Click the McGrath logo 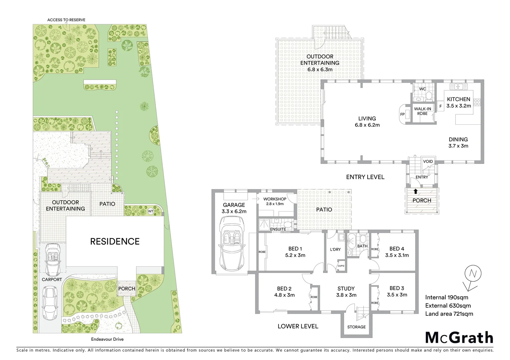459,337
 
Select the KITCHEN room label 459,99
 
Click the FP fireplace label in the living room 402,115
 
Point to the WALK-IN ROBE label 422,111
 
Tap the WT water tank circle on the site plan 150,211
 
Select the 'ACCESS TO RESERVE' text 66,20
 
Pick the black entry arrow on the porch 416,191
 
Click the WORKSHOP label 275,199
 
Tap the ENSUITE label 278,229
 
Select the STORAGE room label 356,327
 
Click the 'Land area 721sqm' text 449,314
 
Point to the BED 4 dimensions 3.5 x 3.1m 397,255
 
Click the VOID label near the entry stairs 428,161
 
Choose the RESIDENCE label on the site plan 115,241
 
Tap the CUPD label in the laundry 341,266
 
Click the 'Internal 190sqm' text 446,297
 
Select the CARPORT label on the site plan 52,279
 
